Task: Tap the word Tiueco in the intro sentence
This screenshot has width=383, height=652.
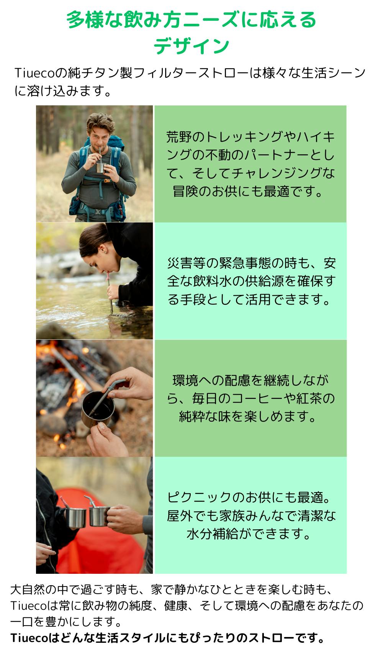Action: [x=34, y=73]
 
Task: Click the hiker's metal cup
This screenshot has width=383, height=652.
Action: [x=101, y=168]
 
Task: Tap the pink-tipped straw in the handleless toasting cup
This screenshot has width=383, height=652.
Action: [x=64, y=502]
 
